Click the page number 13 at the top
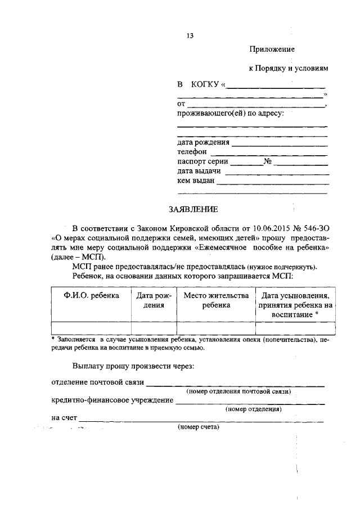point(190,36)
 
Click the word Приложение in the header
point(272,49)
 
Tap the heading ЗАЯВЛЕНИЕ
point(193,209)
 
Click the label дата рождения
point(203,142)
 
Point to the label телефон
point(192,152)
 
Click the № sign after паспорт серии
point(268,161)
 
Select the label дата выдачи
point(199,171)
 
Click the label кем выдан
point(195,181)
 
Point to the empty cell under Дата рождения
point(154,328)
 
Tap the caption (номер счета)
point(199,427)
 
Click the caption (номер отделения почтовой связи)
point(238,391)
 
